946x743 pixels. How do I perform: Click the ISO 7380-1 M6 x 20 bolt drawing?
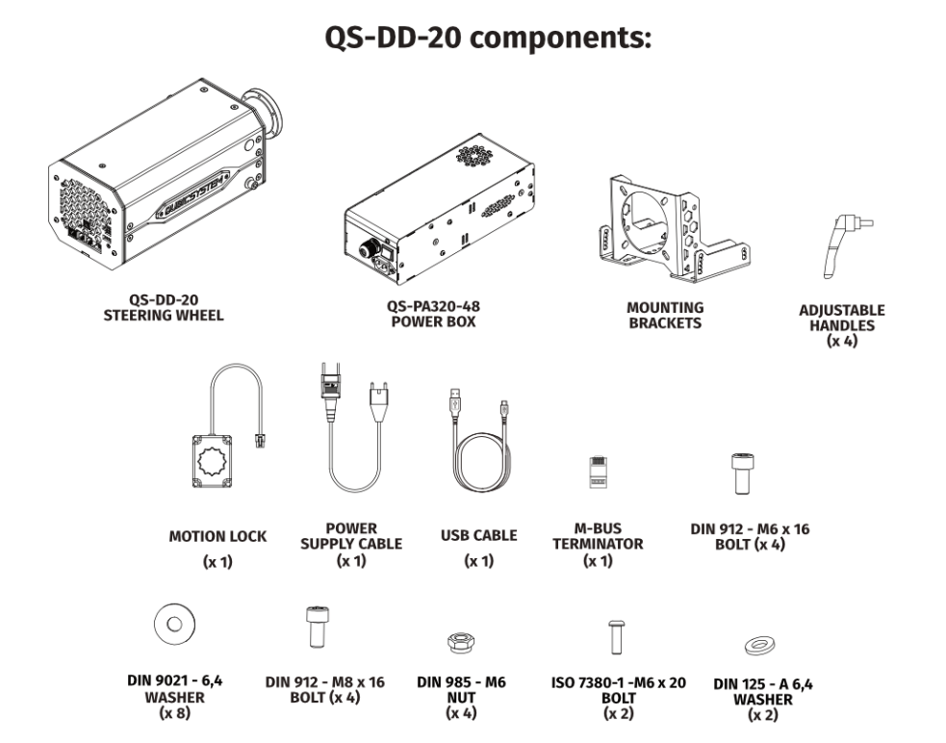tap(616, 636)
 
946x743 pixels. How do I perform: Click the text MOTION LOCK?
tap(217, 536)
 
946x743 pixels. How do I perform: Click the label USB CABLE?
tap(478, 535)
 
